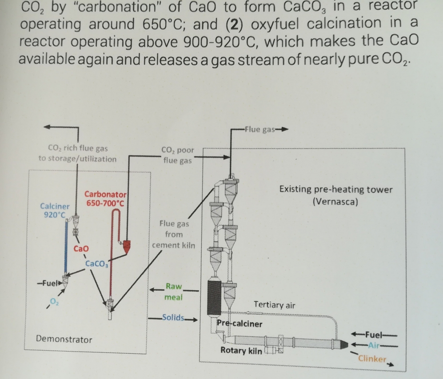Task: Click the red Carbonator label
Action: pos(106,194)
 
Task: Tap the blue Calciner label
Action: pos(55,206)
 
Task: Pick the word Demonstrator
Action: pos(64,340)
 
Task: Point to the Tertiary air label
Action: pos(274,305)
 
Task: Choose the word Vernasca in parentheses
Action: pos(335,201)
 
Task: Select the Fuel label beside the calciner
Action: pos(47,282)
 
